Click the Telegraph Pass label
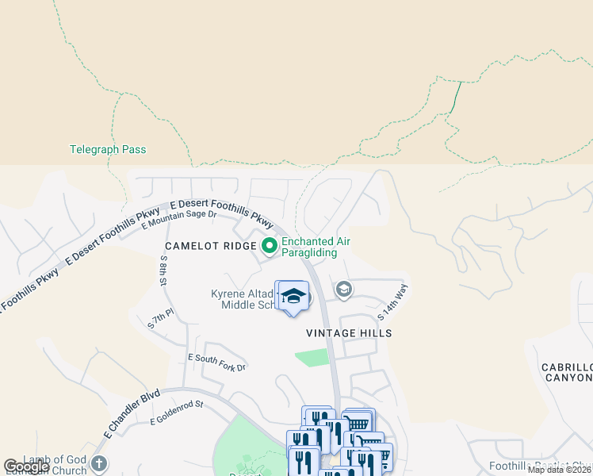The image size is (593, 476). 108,149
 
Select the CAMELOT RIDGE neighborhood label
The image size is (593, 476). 209,246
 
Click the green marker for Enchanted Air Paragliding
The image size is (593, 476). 269,247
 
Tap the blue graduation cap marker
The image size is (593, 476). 293,297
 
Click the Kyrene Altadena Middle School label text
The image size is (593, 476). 242,299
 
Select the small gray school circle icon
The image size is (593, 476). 343,288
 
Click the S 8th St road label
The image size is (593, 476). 163,271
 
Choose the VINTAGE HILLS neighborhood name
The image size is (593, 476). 349,334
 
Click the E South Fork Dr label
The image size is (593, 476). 216,363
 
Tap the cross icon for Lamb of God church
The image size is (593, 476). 98,463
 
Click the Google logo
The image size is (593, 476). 26,466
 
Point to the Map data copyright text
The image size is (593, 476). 559,470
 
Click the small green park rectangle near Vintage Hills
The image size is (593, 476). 312,358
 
